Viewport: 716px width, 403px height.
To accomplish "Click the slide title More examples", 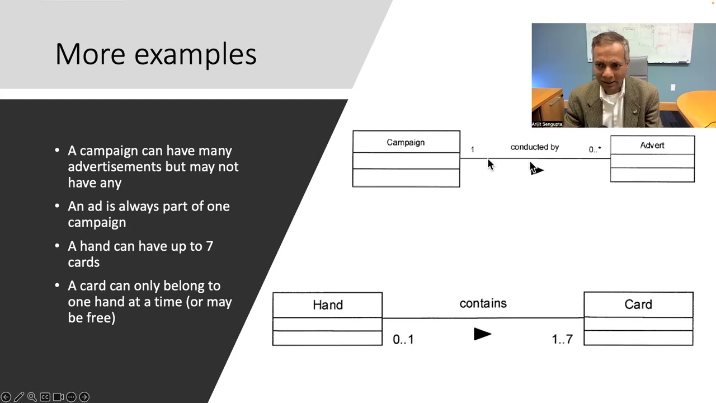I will [156, 54].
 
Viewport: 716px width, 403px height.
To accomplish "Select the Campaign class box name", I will [406, 142].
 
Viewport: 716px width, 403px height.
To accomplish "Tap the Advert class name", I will [652, 145].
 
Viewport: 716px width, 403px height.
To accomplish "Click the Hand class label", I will [327, 305].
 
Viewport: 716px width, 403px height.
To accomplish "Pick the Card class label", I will [638, 304].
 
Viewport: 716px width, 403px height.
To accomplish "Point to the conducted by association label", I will [534, 147].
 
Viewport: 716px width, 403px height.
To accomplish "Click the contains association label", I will [483, 303].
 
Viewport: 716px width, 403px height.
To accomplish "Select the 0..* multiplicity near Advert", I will [595, 149].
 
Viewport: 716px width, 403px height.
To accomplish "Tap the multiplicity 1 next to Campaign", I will [472, 149].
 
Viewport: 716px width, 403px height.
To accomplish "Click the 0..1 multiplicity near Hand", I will [403, 339].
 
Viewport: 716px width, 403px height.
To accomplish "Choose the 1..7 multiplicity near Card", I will [562, 339].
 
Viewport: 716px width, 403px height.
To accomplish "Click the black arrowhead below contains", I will [482, 334].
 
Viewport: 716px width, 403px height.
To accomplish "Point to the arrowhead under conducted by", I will [537, 170].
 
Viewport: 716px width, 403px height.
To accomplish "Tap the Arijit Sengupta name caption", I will [547, 124].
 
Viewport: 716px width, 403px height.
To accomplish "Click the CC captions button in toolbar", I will [45, 397].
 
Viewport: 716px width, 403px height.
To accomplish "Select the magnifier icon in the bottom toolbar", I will [32, 397].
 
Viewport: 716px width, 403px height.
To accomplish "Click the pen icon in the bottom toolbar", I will [19, 397].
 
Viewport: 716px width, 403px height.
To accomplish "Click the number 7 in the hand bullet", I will [209, 246].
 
